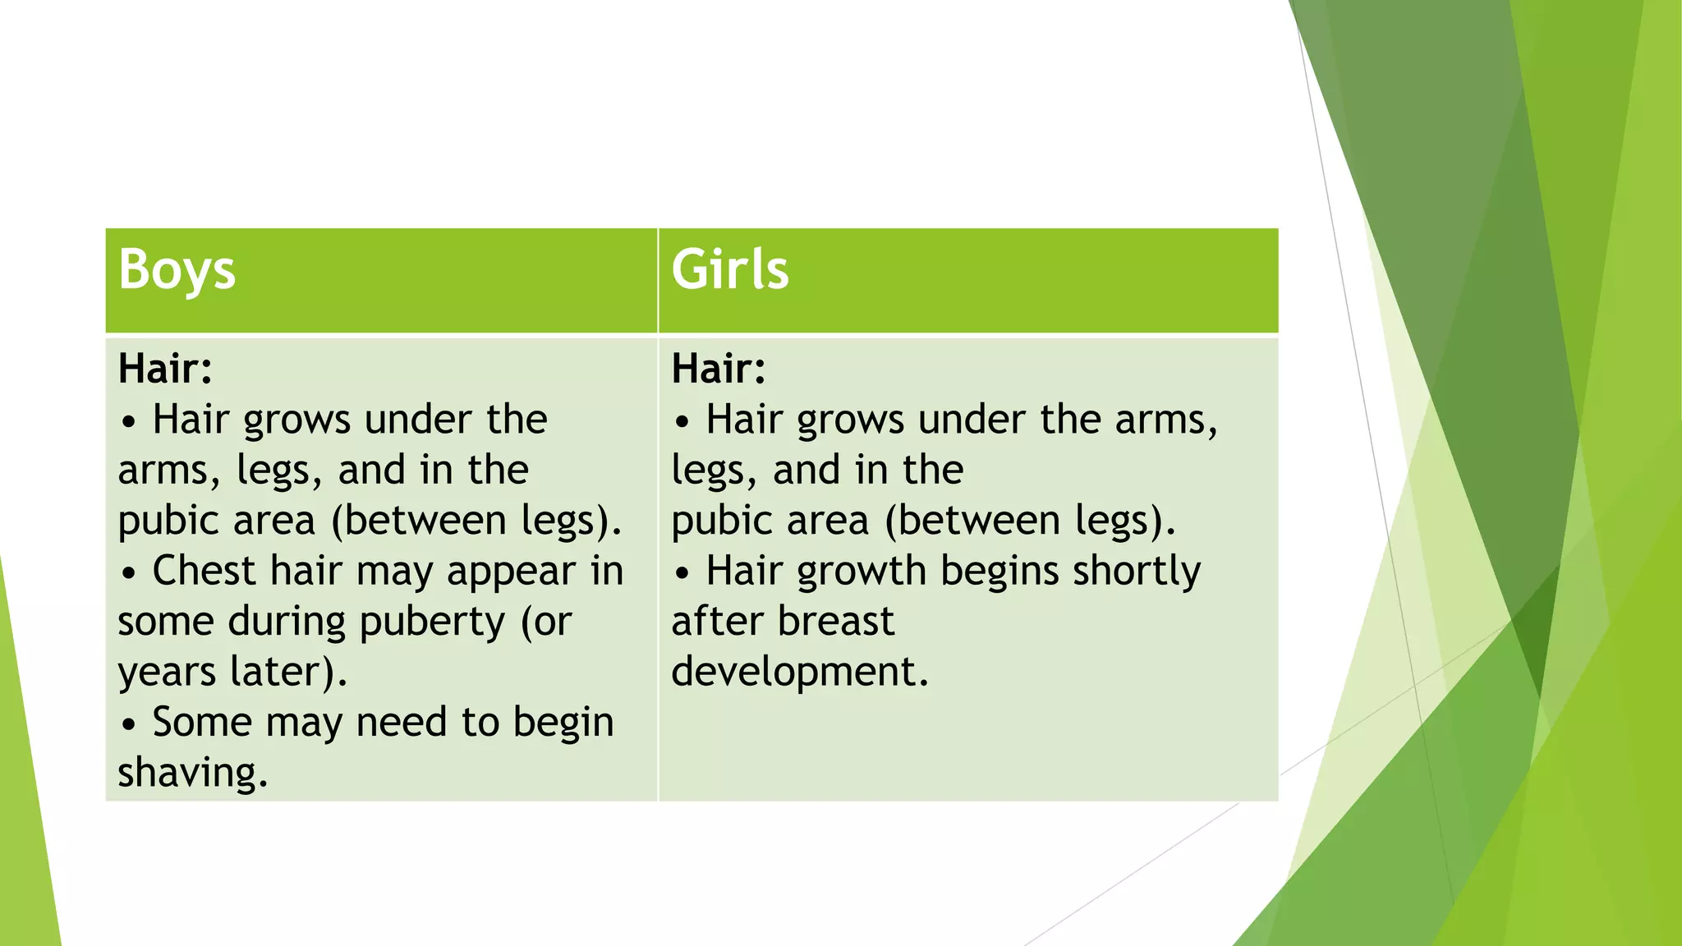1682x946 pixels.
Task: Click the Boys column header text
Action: (177, 270)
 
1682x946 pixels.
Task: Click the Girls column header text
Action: (729, 269)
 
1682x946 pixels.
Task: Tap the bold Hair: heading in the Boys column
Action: (165, 369)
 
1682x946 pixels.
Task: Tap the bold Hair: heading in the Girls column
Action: (719, 369)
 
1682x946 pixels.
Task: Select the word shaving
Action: (193, 773)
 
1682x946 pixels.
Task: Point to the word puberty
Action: (432, 622)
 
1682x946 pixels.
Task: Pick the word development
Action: (800, 672)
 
